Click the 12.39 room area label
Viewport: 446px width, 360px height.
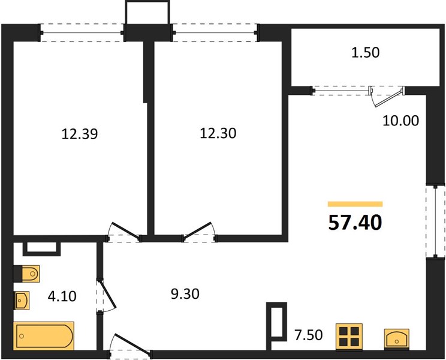pos(80,134)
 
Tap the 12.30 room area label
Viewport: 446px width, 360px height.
pos(218,133)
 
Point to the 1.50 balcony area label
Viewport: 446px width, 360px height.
pos(366,53)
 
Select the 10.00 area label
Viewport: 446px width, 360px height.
pos(401,121)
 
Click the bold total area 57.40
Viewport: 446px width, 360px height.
pos(355,223)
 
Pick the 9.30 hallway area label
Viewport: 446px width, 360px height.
pos(185,293)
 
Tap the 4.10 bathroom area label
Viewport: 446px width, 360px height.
pos(62,296)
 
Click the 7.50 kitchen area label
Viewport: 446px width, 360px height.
pos(309,335)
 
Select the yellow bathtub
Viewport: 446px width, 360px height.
pos(44,336)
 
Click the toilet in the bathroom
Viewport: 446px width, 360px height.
pos(26,274)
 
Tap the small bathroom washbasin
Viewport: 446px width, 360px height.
pos(22,301)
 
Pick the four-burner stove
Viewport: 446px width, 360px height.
pos(349,337)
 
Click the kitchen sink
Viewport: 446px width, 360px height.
pos(397,339)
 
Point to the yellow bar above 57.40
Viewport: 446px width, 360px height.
pos(355,204)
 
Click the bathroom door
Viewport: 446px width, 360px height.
pos(107,296)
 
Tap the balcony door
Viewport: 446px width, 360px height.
pos(387,96)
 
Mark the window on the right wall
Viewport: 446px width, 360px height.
pos(435,222)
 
